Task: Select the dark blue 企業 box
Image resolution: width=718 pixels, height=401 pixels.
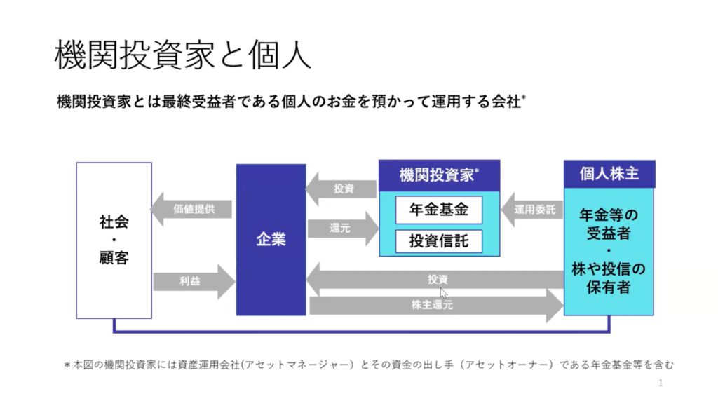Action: pyautogui.click(x=271, y=239)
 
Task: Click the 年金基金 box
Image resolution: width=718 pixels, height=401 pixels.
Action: pyautogui.click(x=439, y=209)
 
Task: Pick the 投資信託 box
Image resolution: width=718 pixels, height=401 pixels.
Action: pyautogui.click(x=439, y=240)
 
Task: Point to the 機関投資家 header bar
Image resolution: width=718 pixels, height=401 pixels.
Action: pyautogui.click(x=439, y=175)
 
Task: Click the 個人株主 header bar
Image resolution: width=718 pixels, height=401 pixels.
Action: pyautogui.click(x=609, y=174)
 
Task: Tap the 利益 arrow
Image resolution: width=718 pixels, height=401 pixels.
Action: pyautogui.click(x=194, y=281)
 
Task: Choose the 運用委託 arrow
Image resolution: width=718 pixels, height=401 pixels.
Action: pyautogui.click(x=533, y=209)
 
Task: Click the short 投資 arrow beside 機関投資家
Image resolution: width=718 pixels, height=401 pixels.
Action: pyautogui.click(x=341, y=189)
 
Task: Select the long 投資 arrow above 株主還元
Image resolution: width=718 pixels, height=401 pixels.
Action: pyautogui.click(x=435, y=279)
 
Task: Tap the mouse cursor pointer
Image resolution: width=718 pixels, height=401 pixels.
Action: pyautogui.click(x=443, y=292)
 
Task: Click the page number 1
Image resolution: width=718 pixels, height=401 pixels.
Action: pyautogui.click(x=661, y=383)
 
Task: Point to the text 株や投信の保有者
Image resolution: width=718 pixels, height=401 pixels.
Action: pyautogui.click(x=609, y=278)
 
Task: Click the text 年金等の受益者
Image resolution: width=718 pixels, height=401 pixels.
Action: pyautogui.click(x=609, y=224)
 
